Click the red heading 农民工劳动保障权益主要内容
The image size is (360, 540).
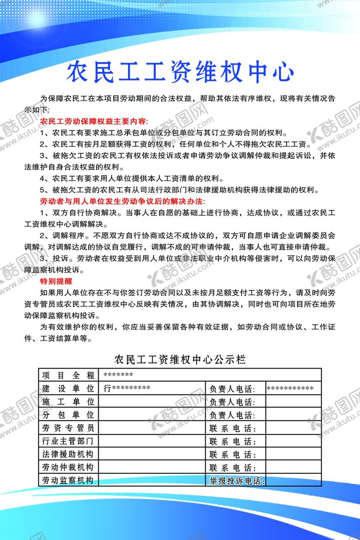pyautogui.click(x=94, y=121)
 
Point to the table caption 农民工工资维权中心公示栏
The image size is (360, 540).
pyautogui.click(x=180, y=359)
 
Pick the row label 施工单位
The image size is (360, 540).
pyautogui.click(x=68, y=401)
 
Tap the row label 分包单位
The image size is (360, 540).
pyautogui.click(x=68, y=414)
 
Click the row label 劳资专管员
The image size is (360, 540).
pyautogui.click(x=68, y=427)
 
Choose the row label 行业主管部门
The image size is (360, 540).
pyautogui.click(x=68, y=440)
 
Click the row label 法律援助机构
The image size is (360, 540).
pyautogui.click(x=68, y=454)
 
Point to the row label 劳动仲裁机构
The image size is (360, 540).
pyautogui.click(x=68, y=467)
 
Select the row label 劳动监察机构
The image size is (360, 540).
pyautogui.click(x=68, y=480)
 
